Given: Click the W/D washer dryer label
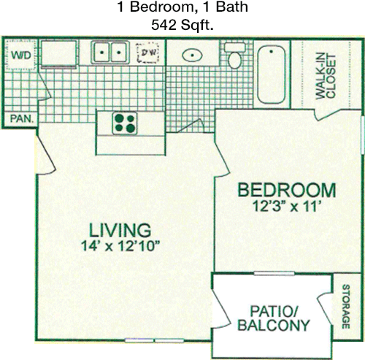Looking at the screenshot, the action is point(21,55).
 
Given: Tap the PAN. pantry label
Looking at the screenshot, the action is point(21,119).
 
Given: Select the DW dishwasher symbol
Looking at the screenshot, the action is point(147,53).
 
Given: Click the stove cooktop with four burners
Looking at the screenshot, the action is point(125,123).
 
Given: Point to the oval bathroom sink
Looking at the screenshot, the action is point(192,55).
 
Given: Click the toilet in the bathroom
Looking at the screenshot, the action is point(235,55).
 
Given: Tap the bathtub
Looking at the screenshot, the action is point(272,75).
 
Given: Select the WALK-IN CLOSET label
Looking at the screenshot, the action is point(326,77).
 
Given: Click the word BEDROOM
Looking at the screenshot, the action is point(287,191).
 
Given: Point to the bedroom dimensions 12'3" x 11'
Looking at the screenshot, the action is point(285,207).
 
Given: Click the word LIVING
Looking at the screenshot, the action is point(120,230).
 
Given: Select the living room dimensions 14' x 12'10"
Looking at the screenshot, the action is point(120,245).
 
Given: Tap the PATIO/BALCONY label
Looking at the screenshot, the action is point(274,318).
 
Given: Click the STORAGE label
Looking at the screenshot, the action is point(346,307).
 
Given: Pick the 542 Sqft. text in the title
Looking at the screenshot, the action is point(182,25).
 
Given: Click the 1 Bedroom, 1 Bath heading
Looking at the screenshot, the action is point(182,7).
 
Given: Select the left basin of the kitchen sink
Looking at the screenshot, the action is point(101,52).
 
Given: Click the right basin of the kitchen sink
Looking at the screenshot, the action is point(119,52).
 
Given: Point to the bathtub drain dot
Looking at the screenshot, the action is point(271,51).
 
